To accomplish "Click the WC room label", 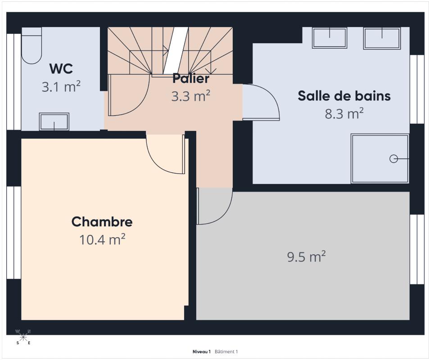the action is [x=61, y=68].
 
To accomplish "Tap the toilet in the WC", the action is [x=32, y=45].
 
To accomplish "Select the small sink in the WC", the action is [x=54, y=121].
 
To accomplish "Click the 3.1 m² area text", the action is [x=61, y=86].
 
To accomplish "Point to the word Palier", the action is [x=191, y=78].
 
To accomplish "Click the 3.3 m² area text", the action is [x=191, y=96].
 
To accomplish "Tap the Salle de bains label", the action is [x=344, y=96].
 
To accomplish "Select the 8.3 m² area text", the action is [x=344, y=113].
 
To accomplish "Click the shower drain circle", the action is [x=393, y=159].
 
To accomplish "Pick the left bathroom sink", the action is [x=330, y=38].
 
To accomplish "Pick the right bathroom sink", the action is [x=382, y=38].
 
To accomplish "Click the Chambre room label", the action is [x=102, y=221].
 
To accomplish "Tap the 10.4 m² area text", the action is [x=102, y=239].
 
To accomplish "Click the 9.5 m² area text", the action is [x=306, y=256].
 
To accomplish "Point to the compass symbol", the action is [x=23, y=337].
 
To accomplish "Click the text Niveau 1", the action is [x=202, y=351].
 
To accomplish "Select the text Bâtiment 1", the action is [x=226, y=351].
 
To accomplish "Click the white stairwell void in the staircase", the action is [x=176, y=50].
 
